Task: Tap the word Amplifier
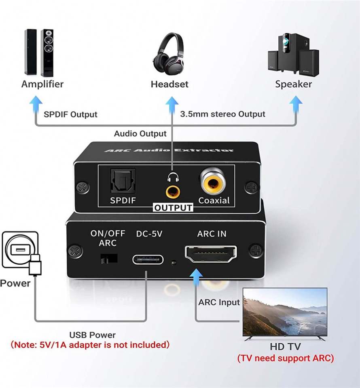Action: (42, 84)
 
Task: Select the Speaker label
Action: (293, 84)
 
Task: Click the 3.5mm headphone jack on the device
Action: (173, 191)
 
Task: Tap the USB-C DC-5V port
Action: (148, 258)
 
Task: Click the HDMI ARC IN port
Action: (211, 254)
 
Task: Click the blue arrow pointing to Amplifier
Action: (36, 105)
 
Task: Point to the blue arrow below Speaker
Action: (296, 105)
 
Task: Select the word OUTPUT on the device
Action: (173, 208)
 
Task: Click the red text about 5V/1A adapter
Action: (90, 345)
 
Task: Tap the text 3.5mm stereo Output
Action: (222, 114)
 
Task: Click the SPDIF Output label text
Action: (70, 114)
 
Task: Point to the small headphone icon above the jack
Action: (173, 177)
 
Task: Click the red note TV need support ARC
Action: (286, 358)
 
